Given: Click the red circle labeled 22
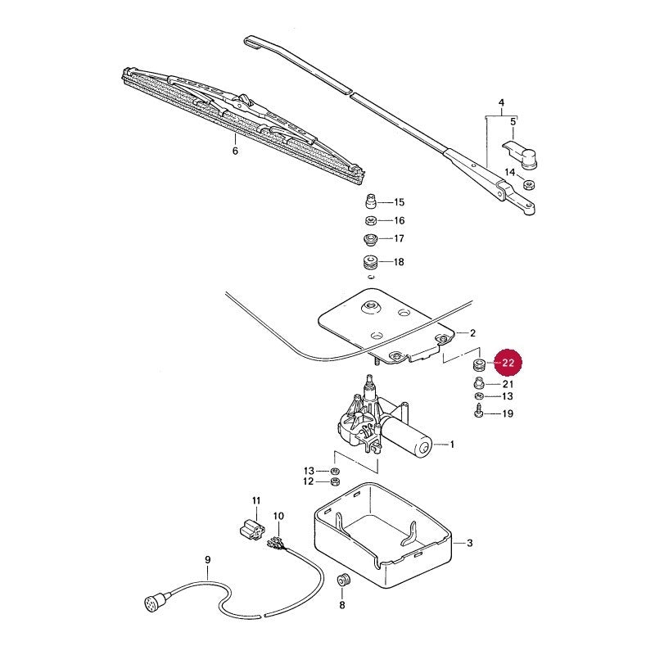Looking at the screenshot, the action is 508,363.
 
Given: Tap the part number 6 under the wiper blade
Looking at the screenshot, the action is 235,151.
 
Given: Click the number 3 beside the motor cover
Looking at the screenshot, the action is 470,543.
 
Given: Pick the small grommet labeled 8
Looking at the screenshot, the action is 343,580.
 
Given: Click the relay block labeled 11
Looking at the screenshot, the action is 252,529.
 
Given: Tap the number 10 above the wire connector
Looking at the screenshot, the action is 278,517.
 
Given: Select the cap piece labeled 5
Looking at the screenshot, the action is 521,154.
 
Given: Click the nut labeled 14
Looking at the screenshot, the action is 530,183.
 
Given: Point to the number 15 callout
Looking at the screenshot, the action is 400,202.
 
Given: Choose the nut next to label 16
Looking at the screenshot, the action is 371,220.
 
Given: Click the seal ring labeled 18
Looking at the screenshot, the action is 370,262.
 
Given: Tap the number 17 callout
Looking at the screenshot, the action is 400,238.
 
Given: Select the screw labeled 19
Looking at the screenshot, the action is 479,413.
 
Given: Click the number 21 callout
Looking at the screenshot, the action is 508,384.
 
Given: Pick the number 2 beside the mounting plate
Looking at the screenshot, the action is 473,333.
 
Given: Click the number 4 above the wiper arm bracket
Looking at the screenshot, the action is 502,102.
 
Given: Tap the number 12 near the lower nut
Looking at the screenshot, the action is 309,481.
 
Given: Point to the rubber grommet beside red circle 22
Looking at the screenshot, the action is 478,364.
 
